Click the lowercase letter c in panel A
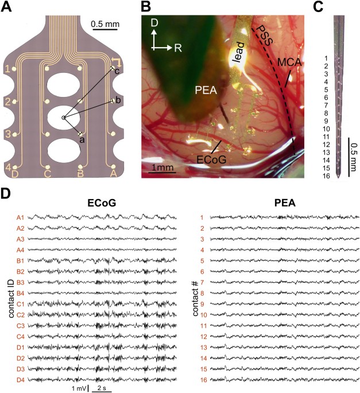117,72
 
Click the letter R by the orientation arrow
179,48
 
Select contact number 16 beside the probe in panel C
326,176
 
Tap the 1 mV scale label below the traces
79,389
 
